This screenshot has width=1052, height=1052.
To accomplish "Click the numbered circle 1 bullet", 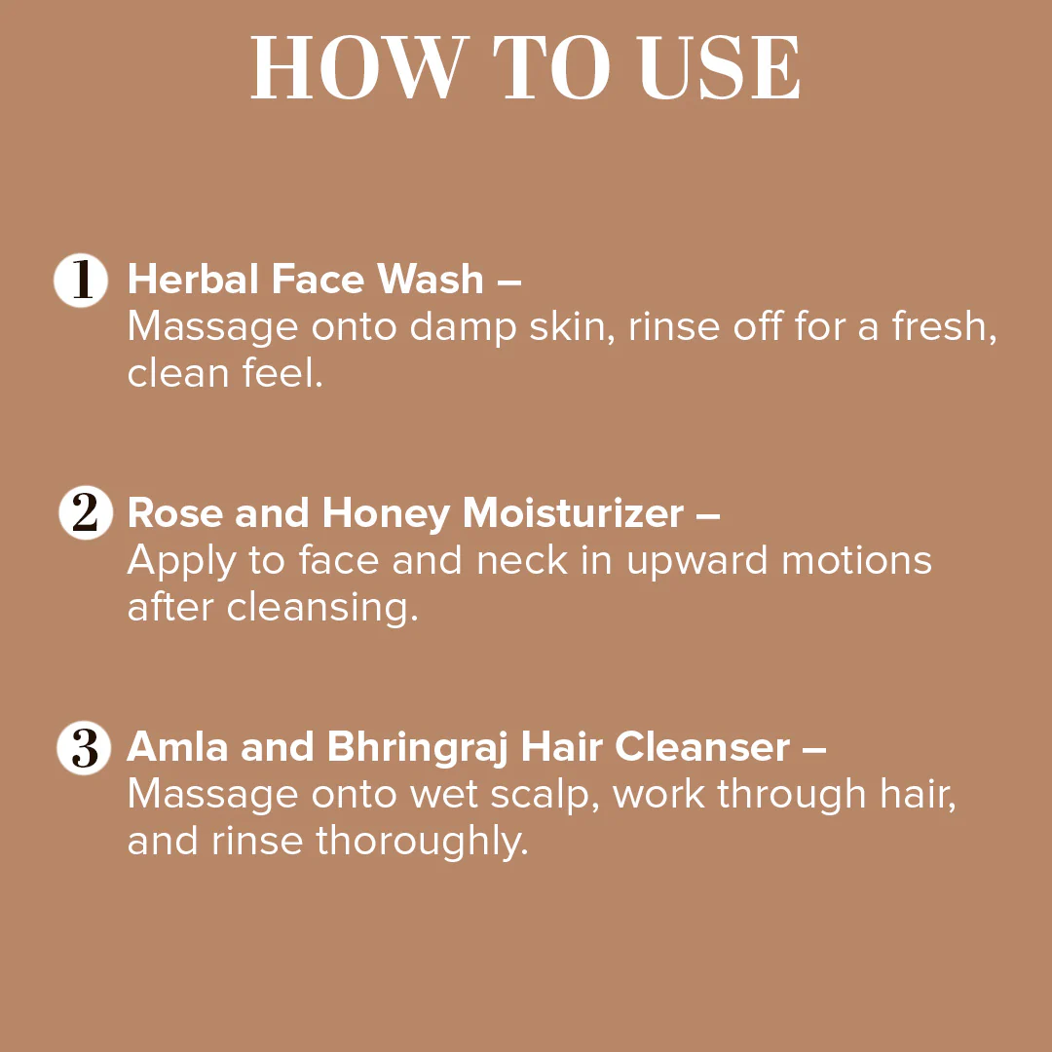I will click(81, 281).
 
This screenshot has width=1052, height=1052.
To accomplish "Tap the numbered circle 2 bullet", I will click(85, 513).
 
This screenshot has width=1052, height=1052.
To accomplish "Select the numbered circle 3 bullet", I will click(85, 748).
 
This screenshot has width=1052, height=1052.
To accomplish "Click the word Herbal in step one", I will click(193, 280).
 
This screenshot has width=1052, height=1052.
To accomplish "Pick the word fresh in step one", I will click(944, 327).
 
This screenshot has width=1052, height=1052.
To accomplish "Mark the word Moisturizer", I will click(573, 513).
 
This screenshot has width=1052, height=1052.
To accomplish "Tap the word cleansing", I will click(322, 609).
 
